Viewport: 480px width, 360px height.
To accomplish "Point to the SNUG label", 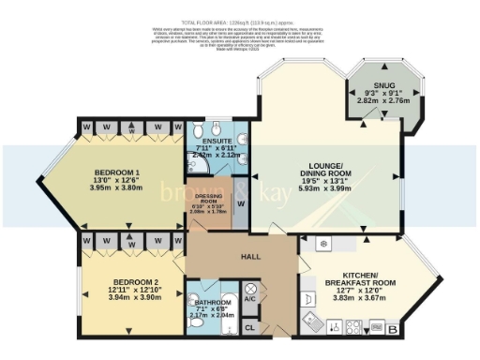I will [x=372, y=84].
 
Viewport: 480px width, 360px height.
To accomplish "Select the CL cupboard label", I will [x=249, y=328].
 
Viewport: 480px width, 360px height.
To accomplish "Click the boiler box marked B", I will [x=391, y=329].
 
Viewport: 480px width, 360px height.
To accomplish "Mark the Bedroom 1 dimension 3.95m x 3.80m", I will [x=118, y=187].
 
